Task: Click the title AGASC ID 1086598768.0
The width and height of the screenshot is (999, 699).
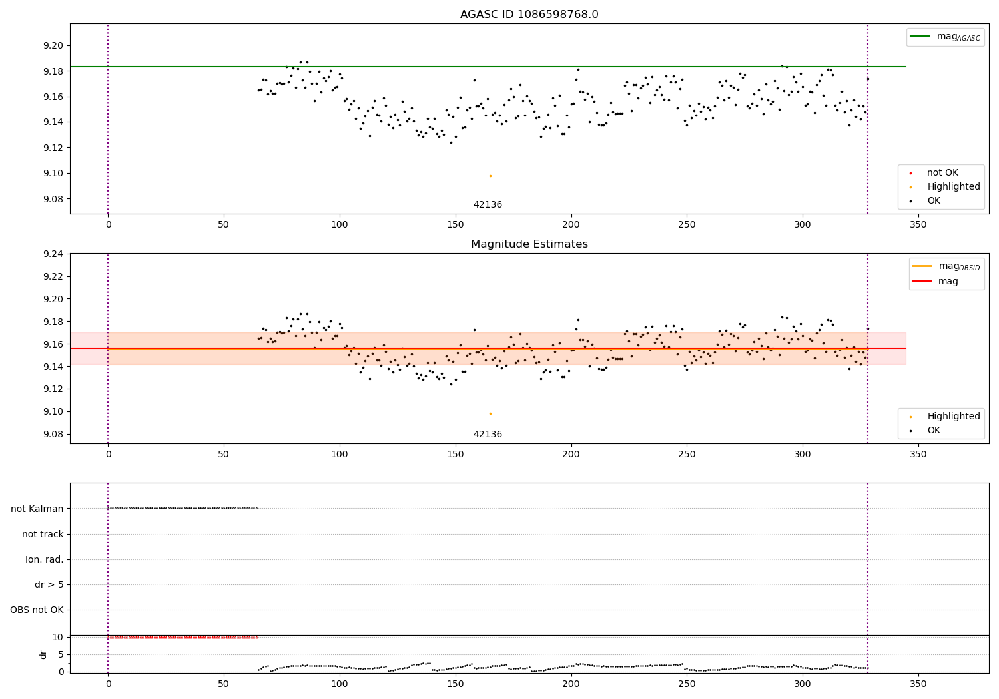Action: pyautogui.click(x=529, y=15)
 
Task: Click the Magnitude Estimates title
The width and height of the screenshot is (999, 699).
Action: pyautogui.click(x=529, y=244)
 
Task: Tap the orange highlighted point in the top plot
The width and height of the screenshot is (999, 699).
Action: pyautogui.click(x=490, y=176)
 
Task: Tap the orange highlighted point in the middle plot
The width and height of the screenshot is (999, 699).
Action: pyautogui.click(x=490, y=413)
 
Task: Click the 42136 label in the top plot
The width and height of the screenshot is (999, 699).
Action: pyautogui.click(x=488, y=205)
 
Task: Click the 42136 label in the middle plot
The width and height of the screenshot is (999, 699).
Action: pyautogui.click(x=488, y=435)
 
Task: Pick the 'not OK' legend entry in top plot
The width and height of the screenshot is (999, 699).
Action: pyautogui.click(x=942, y=173)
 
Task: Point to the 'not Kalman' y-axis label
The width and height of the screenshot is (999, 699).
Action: pyautogui.click(x=37, y=509)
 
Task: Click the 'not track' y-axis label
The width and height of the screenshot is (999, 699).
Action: pyautogui.click(x=43, y=534)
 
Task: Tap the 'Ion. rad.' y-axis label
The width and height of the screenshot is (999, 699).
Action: pyautogui.click(x=45, y=559)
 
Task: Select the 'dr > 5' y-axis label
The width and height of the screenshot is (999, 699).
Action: pyautogui.click(x=49, y=585)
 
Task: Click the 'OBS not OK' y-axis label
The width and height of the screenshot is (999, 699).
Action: pyautogui.click(x=37, y=610)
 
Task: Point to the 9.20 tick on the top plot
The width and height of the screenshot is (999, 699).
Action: pyautogui.click(x=53, y=46)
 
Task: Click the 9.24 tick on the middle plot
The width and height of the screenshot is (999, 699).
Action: pyautogui.click(x=53, y=254)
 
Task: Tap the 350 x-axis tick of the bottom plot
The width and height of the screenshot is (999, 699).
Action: pyautogui.click(x=918, y=684)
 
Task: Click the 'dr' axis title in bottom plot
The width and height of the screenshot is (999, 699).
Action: pyautogui.click(x=43, y=654)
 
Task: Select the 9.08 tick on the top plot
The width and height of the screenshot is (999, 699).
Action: pyautogui.click(x=53, y=199)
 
